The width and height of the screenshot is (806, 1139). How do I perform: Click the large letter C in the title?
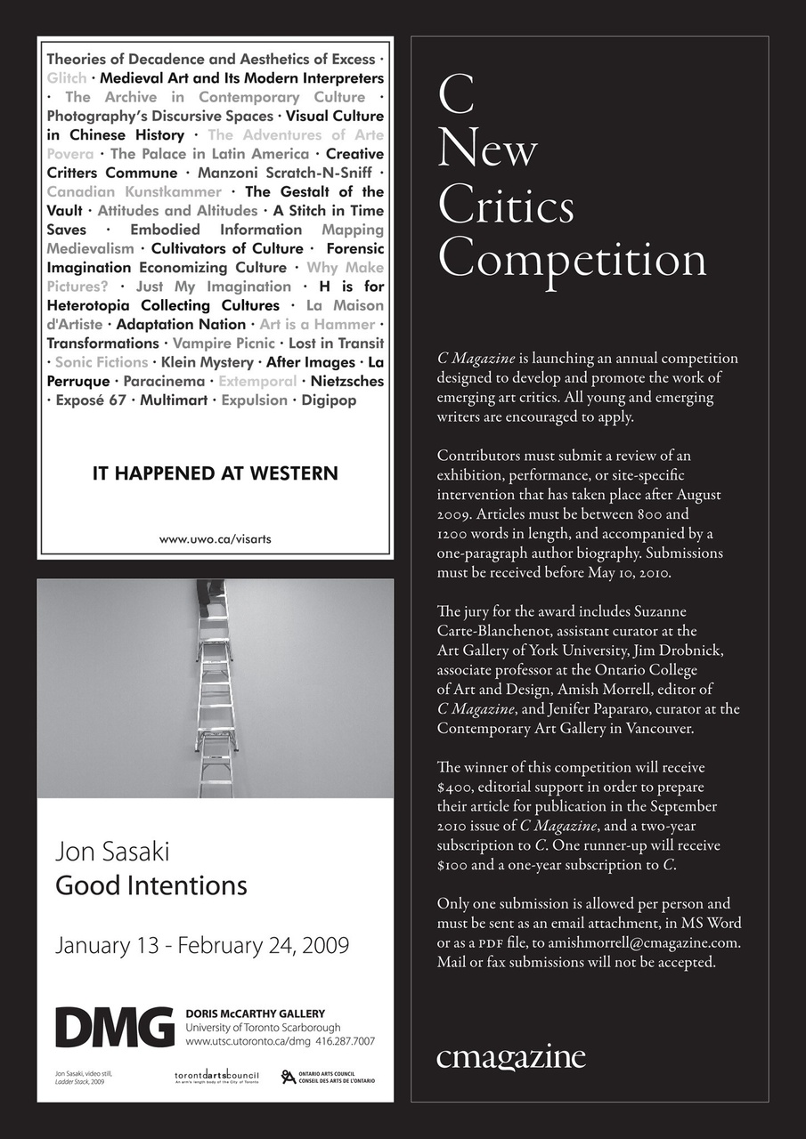(456, 96)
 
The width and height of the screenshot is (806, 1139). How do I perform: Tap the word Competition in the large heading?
(572, 259)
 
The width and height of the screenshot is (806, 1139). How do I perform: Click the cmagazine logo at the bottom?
(511, 1057)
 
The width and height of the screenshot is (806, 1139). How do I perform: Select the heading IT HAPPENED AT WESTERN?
(216, 473)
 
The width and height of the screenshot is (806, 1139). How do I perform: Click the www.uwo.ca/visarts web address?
(215, 538)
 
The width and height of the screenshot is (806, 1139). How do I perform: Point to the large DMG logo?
(115, 1028)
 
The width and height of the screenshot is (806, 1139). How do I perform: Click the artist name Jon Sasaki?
(112, 852)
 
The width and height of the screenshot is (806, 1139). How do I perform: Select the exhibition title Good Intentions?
(151, 885)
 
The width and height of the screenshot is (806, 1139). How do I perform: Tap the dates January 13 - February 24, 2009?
(202, 944)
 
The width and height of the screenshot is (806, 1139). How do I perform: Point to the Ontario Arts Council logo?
(329, 1077)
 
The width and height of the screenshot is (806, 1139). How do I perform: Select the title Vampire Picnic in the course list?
(224, 343)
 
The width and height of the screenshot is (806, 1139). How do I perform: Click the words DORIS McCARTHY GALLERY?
(256, 1014)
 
